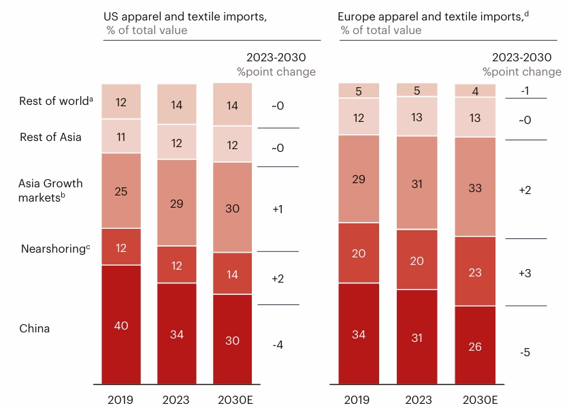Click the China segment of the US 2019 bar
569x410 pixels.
[121, 325]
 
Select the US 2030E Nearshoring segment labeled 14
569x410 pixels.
[232, 274]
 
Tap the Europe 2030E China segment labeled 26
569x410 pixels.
[475, 346]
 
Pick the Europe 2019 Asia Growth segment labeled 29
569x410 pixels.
[359, 179]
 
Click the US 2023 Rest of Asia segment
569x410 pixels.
[177, 142]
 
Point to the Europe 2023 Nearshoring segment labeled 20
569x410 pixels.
[417, 259]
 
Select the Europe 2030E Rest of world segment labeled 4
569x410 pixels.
[475, 91]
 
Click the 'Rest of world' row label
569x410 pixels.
[55, 101]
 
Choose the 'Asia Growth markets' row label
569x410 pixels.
[51, 189]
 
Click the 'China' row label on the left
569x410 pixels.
[34, 328]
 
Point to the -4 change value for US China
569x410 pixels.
[278, 345]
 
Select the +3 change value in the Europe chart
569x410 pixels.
[525, 272]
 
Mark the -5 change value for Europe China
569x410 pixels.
[525, 352]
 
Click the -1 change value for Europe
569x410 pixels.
[525, 91]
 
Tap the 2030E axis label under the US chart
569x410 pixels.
[232, 399]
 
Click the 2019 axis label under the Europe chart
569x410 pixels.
[359, 399]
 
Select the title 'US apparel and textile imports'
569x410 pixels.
[185, 17]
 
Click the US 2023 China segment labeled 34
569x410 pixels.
[177, 334]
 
